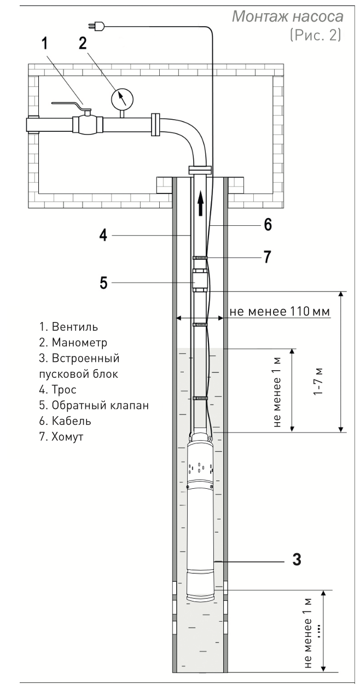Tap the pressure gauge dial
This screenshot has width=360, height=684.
(122, 98)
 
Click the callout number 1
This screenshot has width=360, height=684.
(45, 43)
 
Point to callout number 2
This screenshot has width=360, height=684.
(83, 43)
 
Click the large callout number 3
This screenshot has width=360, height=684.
(297, 560)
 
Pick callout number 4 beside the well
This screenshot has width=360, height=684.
(103, 236)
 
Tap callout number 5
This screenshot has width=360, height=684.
(103, 283)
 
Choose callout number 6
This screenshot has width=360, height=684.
(268, 225)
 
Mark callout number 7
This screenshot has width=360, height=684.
(267, 257)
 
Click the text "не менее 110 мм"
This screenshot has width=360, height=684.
(280, 312)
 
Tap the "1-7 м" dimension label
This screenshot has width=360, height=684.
(318, 382)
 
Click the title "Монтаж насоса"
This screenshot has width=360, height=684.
(288, 16)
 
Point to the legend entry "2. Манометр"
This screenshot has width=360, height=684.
(73, 343)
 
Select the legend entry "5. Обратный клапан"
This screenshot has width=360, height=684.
(94, 405)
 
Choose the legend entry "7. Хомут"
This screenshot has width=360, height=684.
(61, 437)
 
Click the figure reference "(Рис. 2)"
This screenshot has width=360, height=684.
(315, 36)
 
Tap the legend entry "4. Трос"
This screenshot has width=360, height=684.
(58, 390)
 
